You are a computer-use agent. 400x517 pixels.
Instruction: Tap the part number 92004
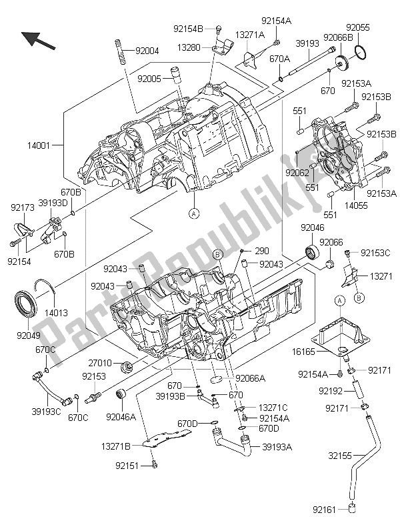(x=147, y=51)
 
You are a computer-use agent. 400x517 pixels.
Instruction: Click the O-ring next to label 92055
(x=360, y=53)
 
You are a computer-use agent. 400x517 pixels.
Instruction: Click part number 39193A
(x=275, y=447)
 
